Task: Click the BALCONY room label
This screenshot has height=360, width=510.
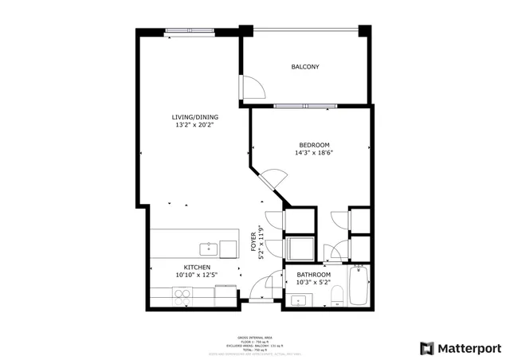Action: coord(304,67)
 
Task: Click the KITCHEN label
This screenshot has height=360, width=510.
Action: coord(196,267)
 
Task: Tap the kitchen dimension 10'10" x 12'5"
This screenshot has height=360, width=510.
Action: coord(196,276)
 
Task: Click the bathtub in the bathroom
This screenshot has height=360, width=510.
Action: coord(357,288)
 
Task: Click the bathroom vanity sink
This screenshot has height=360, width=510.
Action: coord(299,300)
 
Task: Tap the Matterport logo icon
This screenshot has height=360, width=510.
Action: coord(428,348)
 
